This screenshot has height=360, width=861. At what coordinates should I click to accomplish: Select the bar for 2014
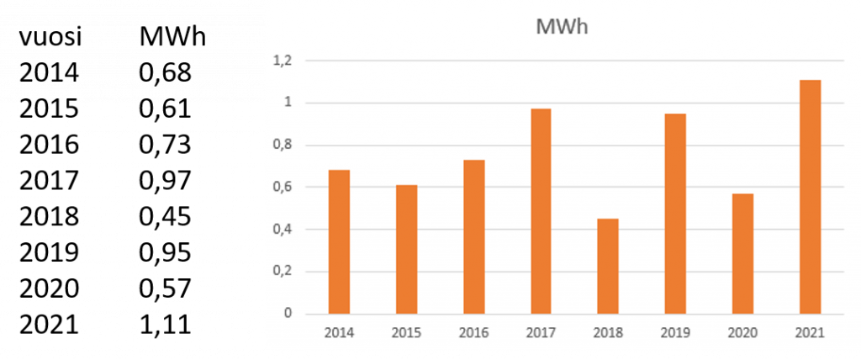tap(339, 242)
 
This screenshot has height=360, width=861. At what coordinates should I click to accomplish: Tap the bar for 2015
tap(406, 250)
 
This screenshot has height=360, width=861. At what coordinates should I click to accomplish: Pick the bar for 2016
tap(473, 237)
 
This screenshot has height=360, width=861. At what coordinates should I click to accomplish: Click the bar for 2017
tap(541, 211)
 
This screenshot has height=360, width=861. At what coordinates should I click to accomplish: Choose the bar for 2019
tap(675, 214)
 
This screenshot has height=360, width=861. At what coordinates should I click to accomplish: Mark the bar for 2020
tap(742, 254)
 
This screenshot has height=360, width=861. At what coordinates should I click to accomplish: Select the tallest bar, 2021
tap(810, 197)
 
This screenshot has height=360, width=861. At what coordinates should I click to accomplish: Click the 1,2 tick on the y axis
tap(282, 61)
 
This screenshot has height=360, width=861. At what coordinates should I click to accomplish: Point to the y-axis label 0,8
tap(282, 146)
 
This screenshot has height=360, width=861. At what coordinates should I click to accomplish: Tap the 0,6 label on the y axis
tap(282, 188)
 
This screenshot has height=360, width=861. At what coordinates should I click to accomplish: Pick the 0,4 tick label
tap(282, 230)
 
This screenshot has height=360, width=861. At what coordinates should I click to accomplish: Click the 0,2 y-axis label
tap(282, 272)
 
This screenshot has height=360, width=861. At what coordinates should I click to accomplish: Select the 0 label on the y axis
tap(288, 314)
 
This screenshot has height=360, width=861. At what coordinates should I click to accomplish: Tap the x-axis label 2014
tap(339, 333)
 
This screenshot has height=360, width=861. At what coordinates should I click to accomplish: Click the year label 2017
tap(541, 333)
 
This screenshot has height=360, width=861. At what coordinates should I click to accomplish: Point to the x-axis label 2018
tap(608, 333)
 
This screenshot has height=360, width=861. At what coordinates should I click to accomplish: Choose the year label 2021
tap(810, 333)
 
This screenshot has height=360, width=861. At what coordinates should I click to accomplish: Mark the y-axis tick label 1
tap(288, 103)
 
